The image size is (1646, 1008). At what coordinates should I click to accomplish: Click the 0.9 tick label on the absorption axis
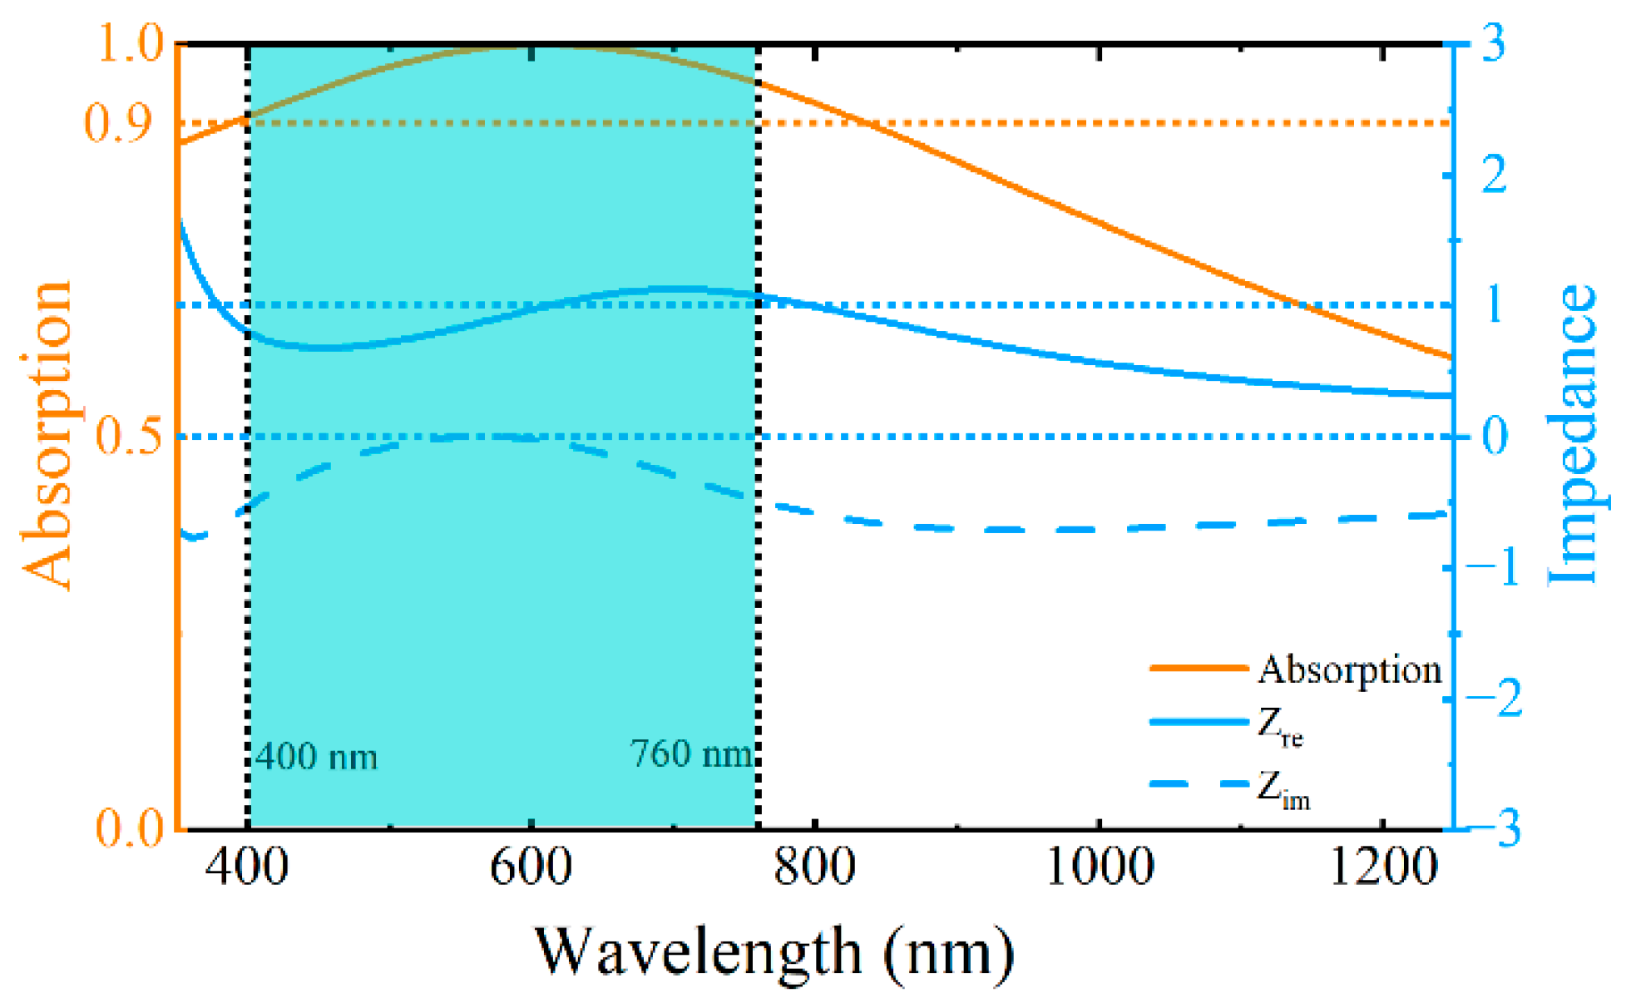[119, 123]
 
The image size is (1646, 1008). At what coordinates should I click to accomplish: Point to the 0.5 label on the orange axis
[130, 436]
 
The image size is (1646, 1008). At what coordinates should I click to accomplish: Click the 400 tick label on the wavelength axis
[247, 866]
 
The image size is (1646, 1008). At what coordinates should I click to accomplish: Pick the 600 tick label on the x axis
[531, 866]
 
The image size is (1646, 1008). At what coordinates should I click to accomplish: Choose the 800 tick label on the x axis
[814, 866]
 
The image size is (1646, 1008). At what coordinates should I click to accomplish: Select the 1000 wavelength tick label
[1099, 866]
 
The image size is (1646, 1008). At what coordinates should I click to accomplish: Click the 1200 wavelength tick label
[1383, 866]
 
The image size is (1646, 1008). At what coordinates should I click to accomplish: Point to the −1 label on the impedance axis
[1493, 568]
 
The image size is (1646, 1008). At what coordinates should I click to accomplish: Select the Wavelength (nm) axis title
[774, 951]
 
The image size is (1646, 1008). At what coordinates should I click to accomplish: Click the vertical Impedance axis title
[1572, 434]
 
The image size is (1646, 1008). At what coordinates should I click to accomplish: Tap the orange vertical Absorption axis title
[47, 434]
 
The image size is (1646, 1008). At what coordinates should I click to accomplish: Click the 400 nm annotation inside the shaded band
[316, 757]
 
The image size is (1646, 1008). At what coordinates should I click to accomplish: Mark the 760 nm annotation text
[691, 754]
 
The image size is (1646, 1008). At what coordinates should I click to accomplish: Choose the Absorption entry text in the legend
[1349, 670]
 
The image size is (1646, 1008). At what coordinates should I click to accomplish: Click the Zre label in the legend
[1279, 726]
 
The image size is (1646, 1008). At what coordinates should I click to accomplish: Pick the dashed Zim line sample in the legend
[1199, 783]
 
